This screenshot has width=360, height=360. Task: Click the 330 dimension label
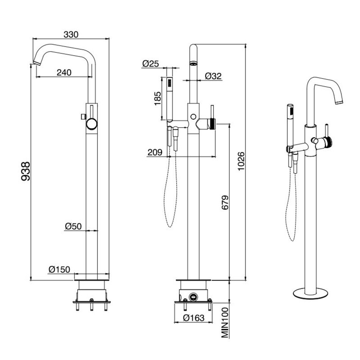click(x=71, y=34)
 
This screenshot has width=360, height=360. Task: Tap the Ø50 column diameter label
click(x=73, y=226)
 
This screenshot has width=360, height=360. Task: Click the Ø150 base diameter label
click(x=59, y=269)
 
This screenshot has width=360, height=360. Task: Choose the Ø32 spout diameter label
click(x=213, y=76)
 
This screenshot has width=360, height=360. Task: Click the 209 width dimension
click(x=155, y=153)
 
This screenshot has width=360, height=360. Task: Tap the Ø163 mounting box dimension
click(x=193, y=318)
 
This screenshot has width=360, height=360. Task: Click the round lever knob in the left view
click(x=91, y=124)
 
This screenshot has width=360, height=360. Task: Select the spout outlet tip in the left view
click(x=36, y=61)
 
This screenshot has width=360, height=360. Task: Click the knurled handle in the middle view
click(x=213, y=124)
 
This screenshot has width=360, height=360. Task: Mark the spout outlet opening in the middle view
click(x=193, y=63)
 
